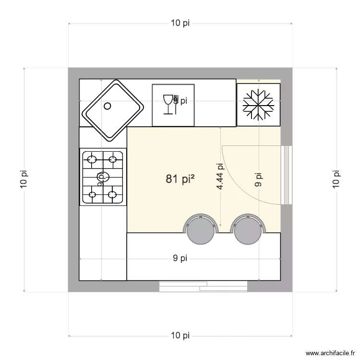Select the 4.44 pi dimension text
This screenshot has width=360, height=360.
[x=220, y=177]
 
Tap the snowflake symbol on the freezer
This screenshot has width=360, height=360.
[x=258, y=105]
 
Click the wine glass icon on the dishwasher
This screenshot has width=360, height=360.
[x=168, y=104]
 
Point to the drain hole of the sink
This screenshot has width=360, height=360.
[x=108, y=106]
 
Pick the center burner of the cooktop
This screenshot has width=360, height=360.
[x=102, y=176]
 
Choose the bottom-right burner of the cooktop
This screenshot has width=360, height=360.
[x=113, y=194]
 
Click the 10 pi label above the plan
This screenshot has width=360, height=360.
[x=180, y=24]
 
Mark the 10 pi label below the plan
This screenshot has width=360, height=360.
[x=180, y=336]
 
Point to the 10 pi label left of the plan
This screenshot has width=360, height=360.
[x=24, y=180]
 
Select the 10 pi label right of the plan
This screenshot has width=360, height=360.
[x=336, y=180]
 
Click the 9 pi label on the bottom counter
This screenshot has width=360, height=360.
[x=180, y=259]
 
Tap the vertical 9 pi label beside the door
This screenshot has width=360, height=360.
[x=259, y=180]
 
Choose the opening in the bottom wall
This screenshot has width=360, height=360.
[x=203, y=287]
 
